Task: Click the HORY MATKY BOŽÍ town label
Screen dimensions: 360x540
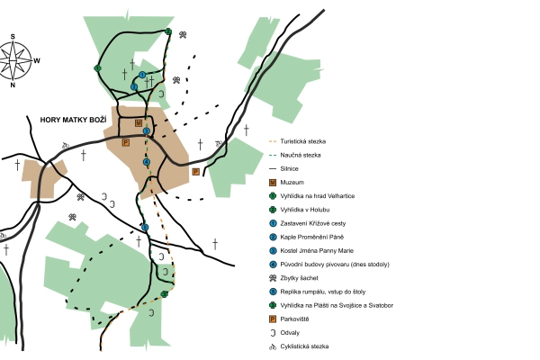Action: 73,119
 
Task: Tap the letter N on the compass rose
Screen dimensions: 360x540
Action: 13,85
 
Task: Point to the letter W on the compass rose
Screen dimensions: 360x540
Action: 37,61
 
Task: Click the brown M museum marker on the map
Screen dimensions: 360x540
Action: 138,122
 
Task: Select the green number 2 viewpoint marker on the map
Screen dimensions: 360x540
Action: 168,31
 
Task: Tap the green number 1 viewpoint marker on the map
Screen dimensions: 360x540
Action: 97,68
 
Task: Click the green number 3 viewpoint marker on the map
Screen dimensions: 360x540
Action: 165,293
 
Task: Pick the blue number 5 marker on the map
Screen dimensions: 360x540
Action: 145,228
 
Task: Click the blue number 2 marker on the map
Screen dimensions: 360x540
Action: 134,87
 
